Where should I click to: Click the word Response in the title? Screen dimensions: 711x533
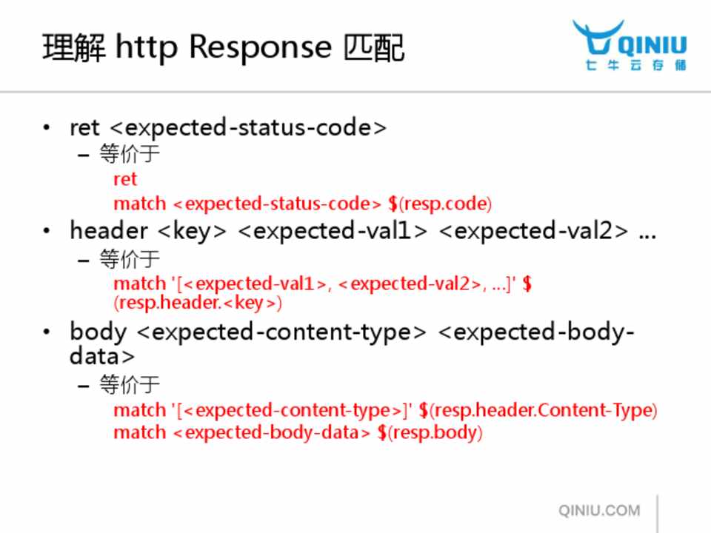point(260,48)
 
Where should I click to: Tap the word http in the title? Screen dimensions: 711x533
point(147,47)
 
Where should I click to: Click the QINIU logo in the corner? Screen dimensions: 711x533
point(630,45)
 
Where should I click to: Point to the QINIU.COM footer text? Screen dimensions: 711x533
point(599,510)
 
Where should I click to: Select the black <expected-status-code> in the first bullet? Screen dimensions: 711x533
point(248,128)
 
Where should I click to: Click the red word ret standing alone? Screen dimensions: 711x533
point(124,179)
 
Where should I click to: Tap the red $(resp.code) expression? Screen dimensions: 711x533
point(440,204)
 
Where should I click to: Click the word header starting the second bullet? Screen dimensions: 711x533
point(109,230)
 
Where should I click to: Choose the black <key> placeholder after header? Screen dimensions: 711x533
point(193,231)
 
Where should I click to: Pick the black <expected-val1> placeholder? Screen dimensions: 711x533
point(333,231)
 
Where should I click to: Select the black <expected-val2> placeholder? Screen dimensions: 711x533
point(534,231)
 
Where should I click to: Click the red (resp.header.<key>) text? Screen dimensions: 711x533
point(198,303)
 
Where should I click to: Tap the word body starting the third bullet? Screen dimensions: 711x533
point(98,332)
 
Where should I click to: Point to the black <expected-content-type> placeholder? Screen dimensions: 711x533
point(281,332)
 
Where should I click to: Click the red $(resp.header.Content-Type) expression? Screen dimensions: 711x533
point(538,411)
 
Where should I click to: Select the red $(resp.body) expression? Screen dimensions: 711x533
point(430,433)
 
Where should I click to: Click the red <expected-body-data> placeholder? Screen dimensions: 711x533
point(271,433)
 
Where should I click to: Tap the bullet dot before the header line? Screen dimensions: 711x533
point(46,231)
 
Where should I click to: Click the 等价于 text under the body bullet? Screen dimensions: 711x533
point(130,385)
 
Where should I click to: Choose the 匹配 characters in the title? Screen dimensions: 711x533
point(373,48)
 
